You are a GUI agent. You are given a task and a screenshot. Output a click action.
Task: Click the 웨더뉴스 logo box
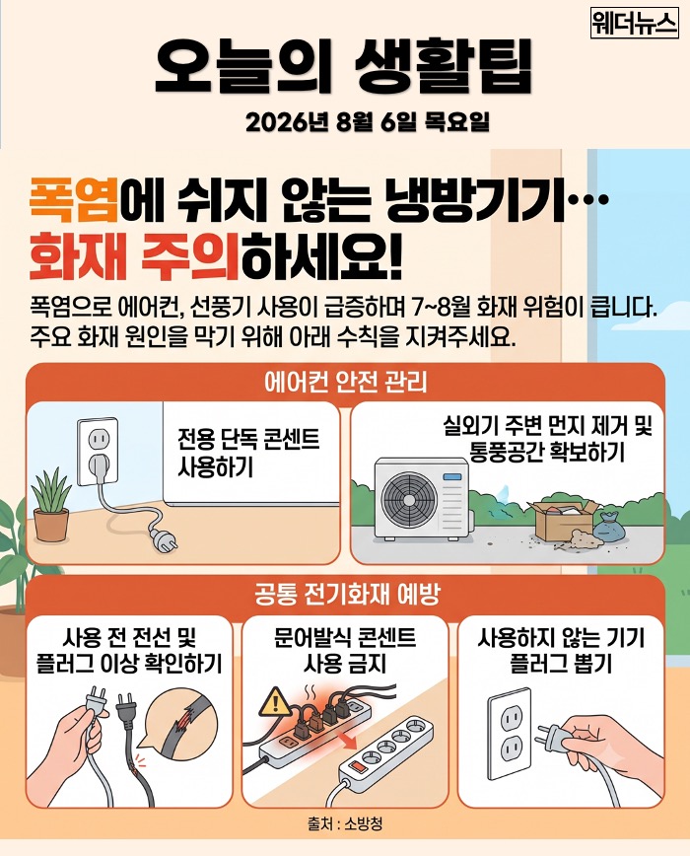click(635, 24)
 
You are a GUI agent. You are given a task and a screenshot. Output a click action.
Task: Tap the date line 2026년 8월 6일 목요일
click(368, 122)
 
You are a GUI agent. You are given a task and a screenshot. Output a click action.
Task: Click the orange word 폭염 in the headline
click(74, 200)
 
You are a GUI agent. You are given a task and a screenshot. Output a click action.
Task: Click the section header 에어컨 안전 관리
click(345, 383)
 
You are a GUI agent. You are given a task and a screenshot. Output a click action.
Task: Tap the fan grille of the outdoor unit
click(409, 498)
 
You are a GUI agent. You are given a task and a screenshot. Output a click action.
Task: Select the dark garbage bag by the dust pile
click(611, 529)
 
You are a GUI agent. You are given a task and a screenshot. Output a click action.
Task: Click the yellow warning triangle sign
click(275, 702)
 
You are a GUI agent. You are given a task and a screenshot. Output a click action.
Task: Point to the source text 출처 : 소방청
click(345, 823)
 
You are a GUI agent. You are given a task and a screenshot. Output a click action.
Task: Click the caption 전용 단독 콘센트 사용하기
click(248, 453)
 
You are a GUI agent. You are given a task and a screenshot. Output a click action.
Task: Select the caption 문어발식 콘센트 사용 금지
click(345, 651)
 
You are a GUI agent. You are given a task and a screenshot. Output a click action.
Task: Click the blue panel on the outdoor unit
click(451, 476)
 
